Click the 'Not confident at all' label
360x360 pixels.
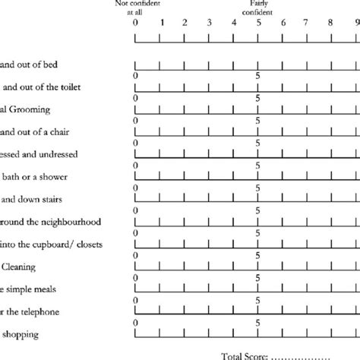click(x=135, y=8)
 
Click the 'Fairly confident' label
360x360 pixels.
click(x=258, y=8)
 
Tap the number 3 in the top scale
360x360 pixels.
click(x=209, y=23)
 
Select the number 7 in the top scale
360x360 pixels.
click(x=307, y=23)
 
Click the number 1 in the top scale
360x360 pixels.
click(x=160, y=23)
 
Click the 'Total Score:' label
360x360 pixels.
click(x=243, y=355)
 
